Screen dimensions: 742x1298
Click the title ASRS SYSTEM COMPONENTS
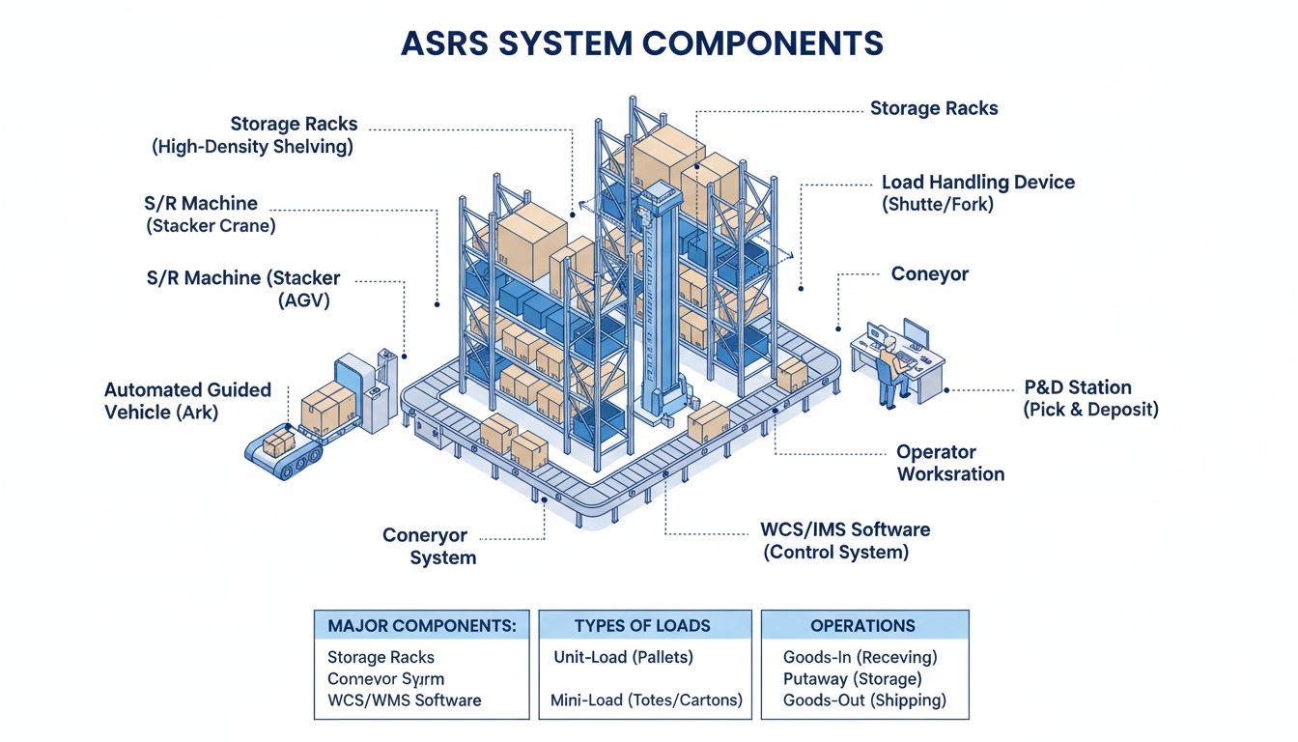(642, 43)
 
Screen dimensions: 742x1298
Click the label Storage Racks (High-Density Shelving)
(253, 135)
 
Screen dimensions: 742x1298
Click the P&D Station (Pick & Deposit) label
(1089, 398)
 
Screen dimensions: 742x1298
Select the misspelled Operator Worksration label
(950, 463)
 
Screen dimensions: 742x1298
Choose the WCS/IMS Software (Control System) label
(845, 541)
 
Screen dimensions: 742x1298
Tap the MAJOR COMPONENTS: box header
(422, 625)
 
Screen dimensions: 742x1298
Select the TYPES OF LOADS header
(642, 625)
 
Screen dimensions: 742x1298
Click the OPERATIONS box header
(863, 625)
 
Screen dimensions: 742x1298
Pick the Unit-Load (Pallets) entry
(623, 657)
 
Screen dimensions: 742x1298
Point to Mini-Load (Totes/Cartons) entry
(646, 700)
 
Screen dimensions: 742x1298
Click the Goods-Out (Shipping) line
(864, 700)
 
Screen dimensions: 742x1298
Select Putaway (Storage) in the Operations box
(852, 679)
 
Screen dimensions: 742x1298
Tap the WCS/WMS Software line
(404, 700)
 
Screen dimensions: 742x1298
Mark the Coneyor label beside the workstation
(929, 274)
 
